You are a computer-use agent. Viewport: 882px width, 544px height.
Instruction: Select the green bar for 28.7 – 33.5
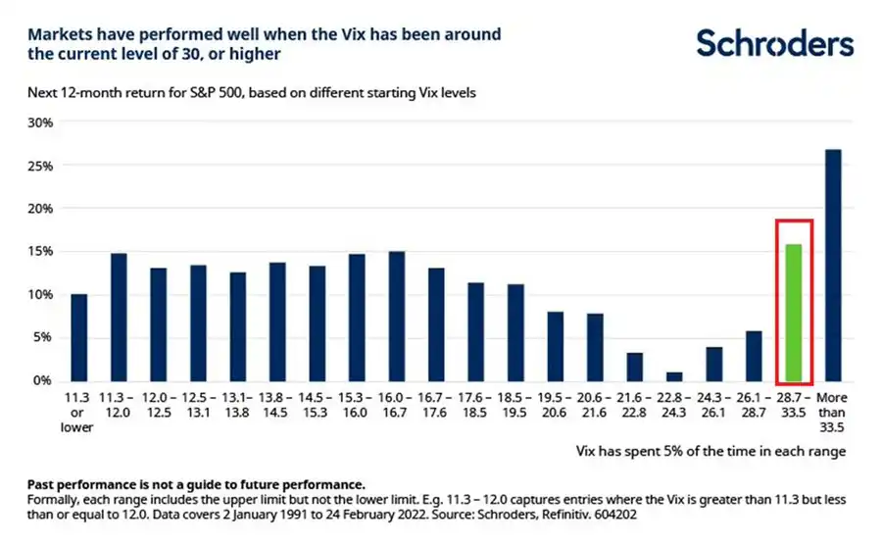[x=792, y=313]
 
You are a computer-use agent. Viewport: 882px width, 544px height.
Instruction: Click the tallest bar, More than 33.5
[x=833, y=265]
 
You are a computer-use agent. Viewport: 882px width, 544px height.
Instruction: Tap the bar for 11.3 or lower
[x=78, y=337]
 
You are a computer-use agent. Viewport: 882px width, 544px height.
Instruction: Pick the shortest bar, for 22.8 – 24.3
[x=673, y=375]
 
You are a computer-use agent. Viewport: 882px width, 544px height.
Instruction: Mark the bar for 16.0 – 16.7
[x=396, y=316]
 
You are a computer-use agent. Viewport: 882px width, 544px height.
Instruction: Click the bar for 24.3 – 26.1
[x=713, y=364]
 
